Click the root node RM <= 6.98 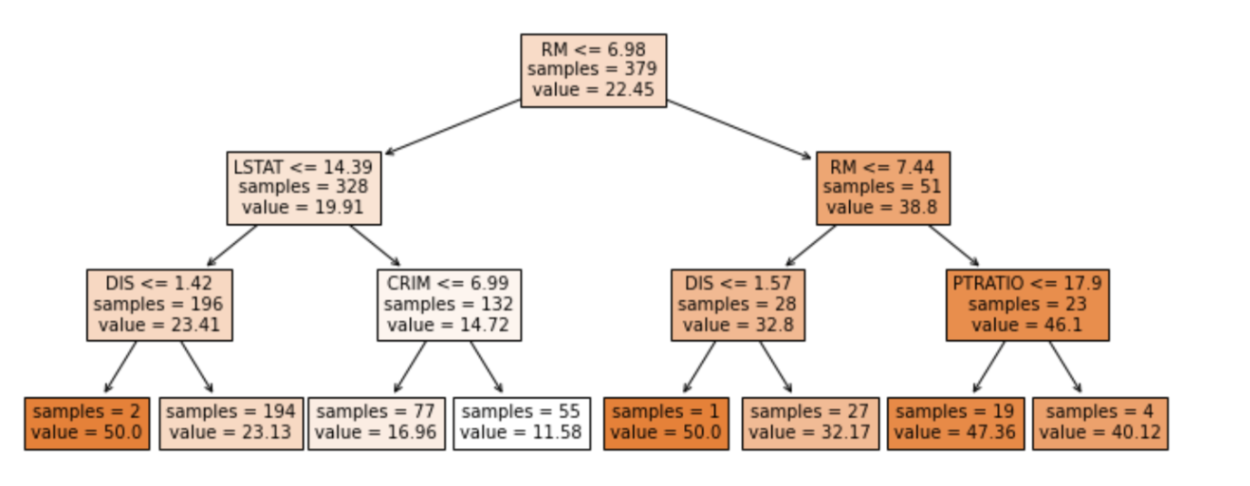tap(593, 70)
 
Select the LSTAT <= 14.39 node tap(303, 188)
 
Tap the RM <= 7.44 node tap(883, 188)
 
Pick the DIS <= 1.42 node tap(159, 305)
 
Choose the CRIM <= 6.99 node tap(449, 305)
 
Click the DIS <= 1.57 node tap(737, 305)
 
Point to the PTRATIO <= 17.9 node tap(1027, 305)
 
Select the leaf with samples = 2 tap(86, 423)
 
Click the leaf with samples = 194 tap(231, 423)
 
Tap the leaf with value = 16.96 tap(376, 423)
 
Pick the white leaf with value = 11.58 tap(522, 423)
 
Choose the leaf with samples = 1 tap(666, 423)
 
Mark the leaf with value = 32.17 tap(810, 423)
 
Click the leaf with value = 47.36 tap(955, 423)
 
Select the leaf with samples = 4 tap(1099, 423)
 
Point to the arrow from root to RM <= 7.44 tap(739, 129)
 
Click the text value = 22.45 tap(593, 89)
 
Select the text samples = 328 tap(303, 188)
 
